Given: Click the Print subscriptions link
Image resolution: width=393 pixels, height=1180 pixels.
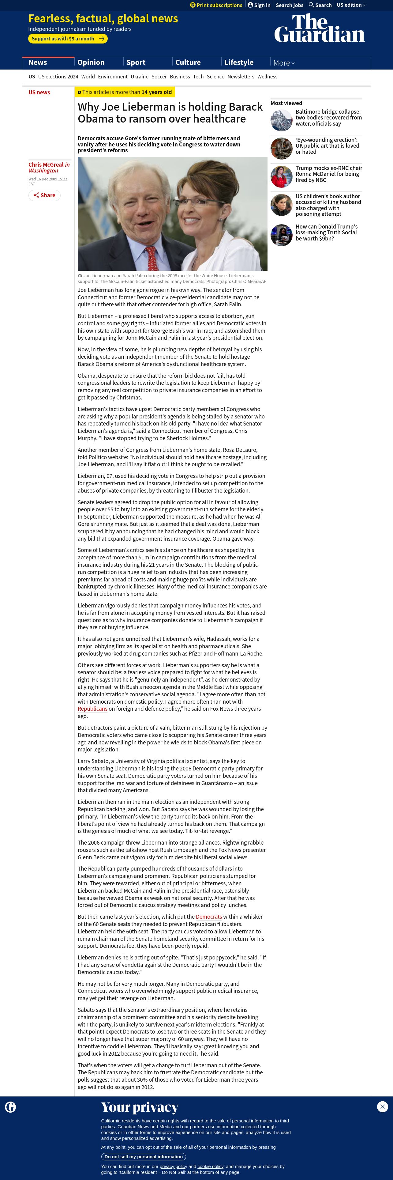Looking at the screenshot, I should click(216, 5).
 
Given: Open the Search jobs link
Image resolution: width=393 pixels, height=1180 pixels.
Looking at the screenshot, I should click(289, 5).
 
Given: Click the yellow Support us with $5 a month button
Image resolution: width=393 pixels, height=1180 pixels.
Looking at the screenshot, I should click(68, 39).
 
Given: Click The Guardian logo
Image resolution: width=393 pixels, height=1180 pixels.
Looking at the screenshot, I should click(319, 28).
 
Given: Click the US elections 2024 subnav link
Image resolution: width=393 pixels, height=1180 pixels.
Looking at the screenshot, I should click(58, 77).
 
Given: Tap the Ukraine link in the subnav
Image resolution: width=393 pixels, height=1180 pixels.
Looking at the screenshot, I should click(140, 77).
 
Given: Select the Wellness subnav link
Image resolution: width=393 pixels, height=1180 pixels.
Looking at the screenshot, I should click(267, 77).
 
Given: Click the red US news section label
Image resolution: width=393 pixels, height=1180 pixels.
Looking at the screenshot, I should click(39, 93).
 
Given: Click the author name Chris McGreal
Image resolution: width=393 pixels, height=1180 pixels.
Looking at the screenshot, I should click(46, 165).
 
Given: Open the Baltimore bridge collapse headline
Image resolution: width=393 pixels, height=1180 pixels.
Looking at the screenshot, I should click(328, 118).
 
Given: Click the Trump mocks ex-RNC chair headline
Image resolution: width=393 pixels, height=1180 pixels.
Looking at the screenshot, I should click(328, 174).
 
